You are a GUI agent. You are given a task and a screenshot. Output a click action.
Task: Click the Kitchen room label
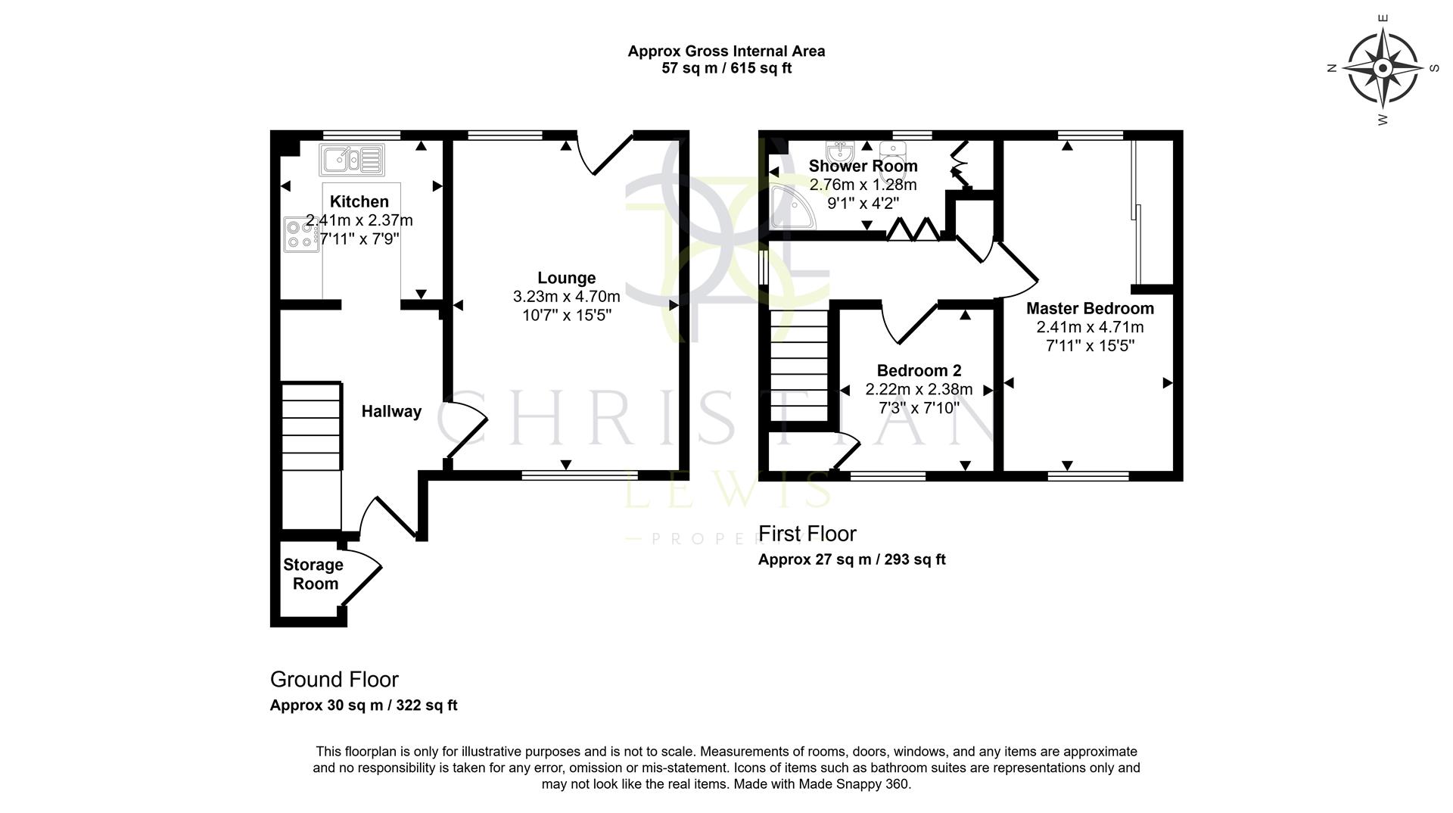(359, 201)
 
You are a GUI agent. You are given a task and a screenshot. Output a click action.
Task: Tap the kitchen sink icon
(352, 160)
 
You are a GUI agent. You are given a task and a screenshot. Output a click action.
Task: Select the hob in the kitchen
(300, 234)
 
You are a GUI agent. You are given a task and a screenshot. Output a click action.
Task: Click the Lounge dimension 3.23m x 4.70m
(566, 296)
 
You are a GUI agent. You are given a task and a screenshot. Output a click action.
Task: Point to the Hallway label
(391, 411)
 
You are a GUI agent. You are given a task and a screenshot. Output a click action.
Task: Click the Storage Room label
(313, 574)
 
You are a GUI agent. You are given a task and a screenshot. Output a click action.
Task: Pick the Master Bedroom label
(1090, 308)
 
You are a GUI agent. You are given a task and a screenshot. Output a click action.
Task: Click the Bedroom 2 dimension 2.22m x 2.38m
(919, 389)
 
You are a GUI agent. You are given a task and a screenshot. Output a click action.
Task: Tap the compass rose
(1383, 69)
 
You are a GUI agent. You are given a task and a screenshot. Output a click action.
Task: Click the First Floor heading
(807, 534)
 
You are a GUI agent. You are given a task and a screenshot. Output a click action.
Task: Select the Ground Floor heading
(334, 679)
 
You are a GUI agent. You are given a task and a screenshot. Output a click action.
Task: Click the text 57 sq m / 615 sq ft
(726, 68)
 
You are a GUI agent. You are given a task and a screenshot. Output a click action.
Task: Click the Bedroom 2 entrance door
(908, 322)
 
